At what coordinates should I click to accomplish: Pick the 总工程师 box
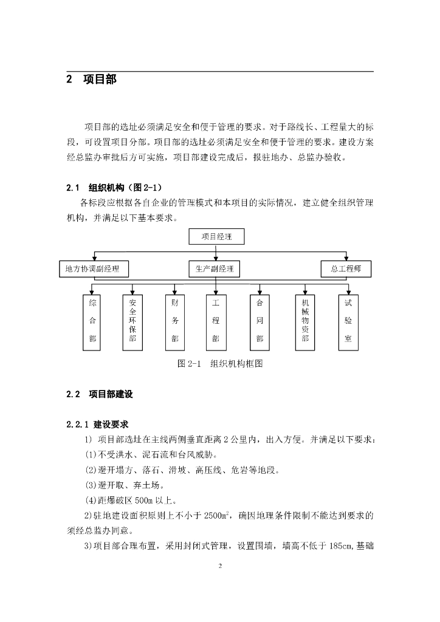[346, 268]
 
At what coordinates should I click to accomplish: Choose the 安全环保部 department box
[133, 322]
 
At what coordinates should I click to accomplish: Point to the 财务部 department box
[175, 322]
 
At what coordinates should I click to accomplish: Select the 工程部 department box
[216, 322]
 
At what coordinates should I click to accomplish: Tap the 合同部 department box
[260, 322]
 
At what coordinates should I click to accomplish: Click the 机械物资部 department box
[305, 322]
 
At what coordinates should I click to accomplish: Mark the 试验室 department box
[348, 322]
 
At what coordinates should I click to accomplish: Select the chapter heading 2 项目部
[91, 80]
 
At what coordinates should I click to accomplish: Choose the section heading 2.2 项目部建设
[100, 394]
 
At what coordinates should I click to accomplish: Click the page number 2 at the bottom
[220, 566]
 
